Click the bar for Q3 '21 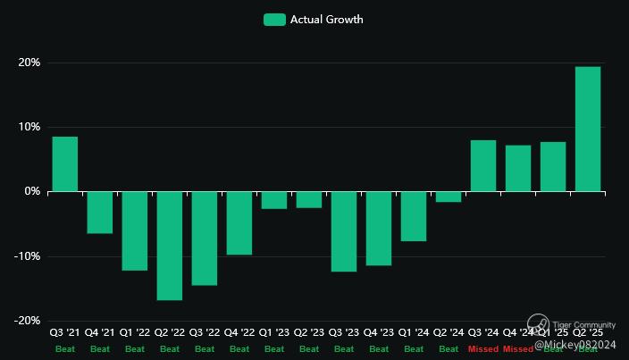pyautogui.click(x=64, y=164)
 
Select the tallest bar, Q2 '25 pyautogui.click(x=587, y=130)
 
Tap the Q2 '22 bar pyautogui.click(x=169, y=246)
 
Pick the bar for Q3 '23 pyautogui.click(x=343, y=231)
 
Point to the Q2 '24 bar pyautogui.click(x=449, y=197)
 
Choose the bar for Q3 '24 pyautogui.click(x=483, y=166)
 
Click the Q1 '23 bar pyautogui.click(x=273, y=200)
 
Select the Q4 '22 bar pyautogui.click(x=239, y=223)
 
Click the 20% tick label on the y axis pyautogui.click(x=29, y=63)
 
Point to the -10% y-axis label pyautogui.click(x=27, y=256)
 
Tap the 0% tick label pyautogui.click(x=31, y=192)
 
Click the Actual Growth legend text pyautogui.click(x=326, y=20)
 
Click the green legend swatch pyautogui.click(x=274, y=20)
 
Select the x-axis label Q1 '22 pyautogui.click(x=134, y=333)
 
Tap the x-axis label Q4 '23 pyautogui.click(x=378, y=333)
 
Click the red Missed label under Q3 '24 pyautogui.click(x=483, y=349)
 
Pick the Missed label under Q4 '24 pyautogui.click(x=518, y=349)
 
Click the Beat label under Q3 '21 pyautogui.click(x=64, y=349)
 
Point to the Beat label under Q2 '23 pyautogui.click(x=308, y=349)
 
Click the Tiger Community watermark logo pyautogui.click(x=537, y=323)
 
